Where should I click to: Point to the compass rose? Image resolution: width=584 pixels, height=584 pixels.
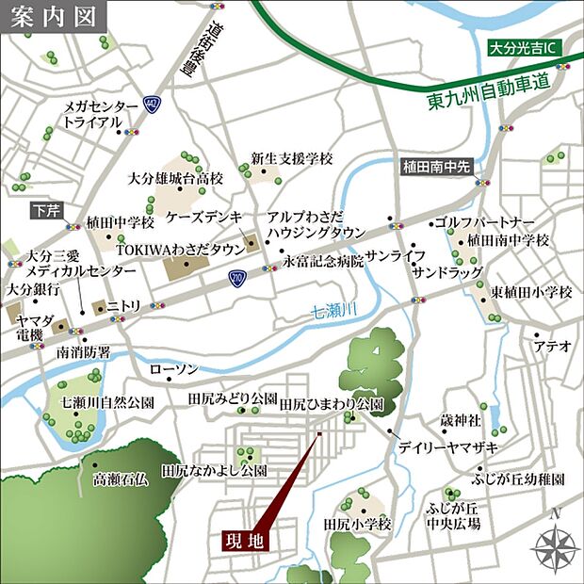(555, 546)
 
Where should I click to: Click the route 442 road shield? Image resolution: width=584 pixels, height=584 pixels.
(152, 103)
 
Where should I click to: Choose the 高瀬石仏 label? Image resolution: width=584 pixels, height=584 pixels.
(120, 479)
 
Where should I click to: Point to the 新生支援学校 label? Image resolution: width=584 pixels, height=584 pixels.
(292, 158)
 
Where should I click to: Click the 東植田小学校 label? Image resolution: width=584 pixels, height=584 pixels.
(530, 293)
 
